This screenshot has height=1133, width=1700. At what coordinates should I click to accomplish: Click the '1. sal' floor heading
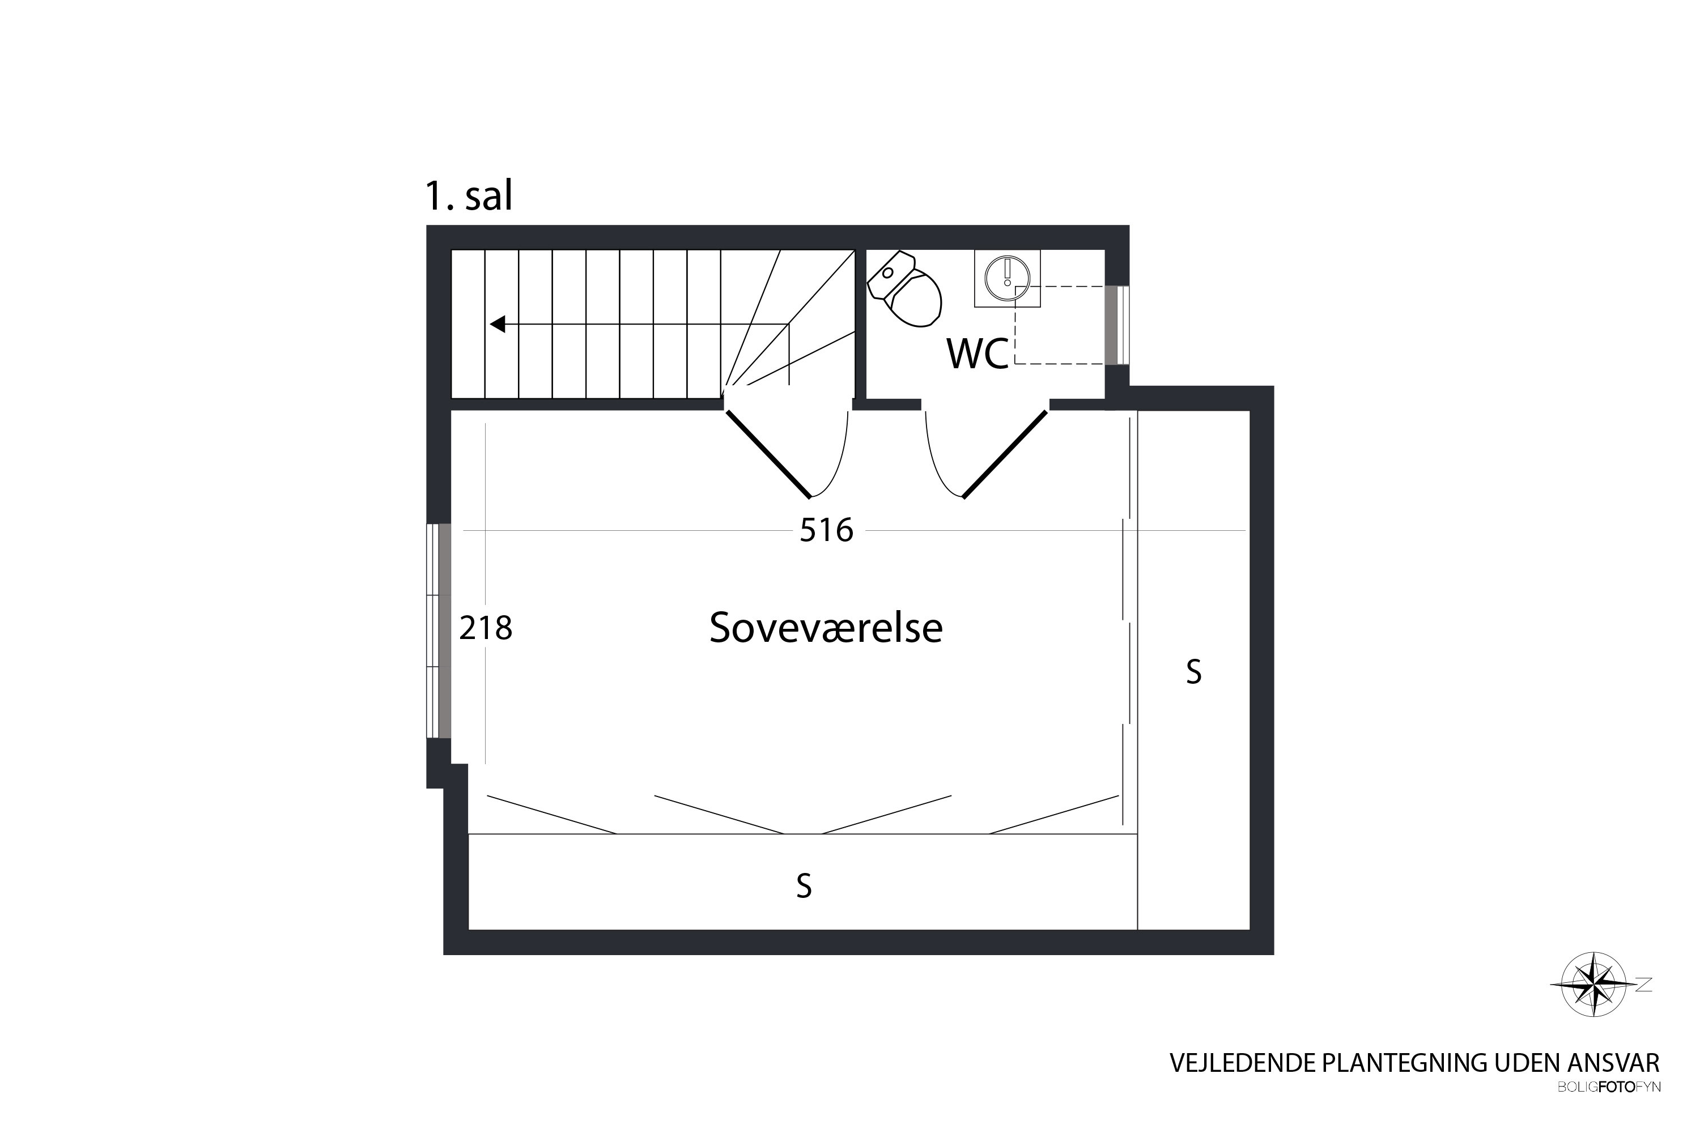pyautogui.click(x=469, y=196)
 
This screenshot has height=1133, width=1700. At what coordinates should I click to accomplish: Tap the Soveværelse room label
pyautogui.click(x=826, y=627)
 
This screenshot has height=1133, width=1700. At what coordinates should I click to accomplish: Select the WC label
pyautogui.click(x=977, y=354)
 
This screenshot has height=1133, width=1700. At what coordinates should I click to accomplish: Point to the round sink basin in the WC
pyautogui.click(x=1007, y=278)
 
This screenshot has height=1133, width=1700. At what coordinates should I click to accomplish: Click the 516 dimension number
pyautogui.click(x=826, y=530)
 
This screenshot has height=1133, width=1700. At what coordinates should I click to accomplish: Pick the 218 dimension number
pyautogui.click(x=486, y=628)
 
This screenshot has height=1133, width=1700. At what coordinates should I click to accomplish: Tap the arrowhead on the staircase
pyautogui.click(x=498, y=325)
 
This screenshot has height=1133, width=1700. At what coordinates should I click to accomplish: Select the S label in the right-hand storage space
pyautogui.click(x=1194, y=672)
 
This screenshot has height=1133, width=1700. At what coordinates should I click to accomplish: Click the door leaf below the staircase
pyautogui.click(x=768, y=454)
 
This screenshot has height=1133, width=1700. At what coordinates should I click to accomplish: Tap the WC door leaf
pyautogui.click(x=1005, y=454)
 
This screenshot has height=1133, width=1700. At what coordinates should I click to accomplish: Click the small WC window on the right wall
pyautogui.click(x=1117, y=325)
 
